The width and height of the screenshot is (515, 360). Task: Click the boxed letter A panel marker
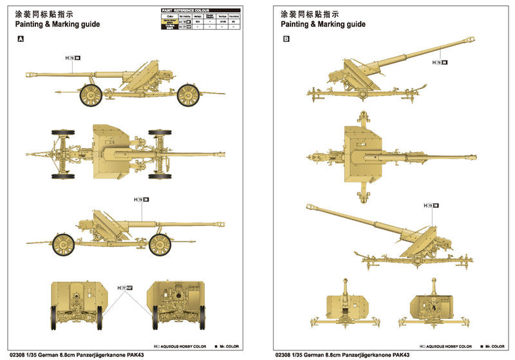(21, 39)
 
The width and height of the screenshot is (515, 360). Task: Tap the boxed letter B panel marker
(286, 39)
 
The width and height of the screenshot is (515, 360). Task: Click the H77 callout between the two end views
(124, 287)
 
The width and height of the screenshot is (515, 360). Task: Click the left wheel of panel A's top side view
(91, 95)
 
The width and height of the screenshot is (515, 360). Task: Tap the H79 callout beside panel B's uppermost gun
(440, 62)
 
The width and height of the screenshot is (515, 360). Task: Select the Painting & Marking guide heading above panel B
(323, 24)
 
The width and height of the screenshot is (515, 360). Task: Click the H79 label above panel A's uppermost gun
(73, 58)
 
